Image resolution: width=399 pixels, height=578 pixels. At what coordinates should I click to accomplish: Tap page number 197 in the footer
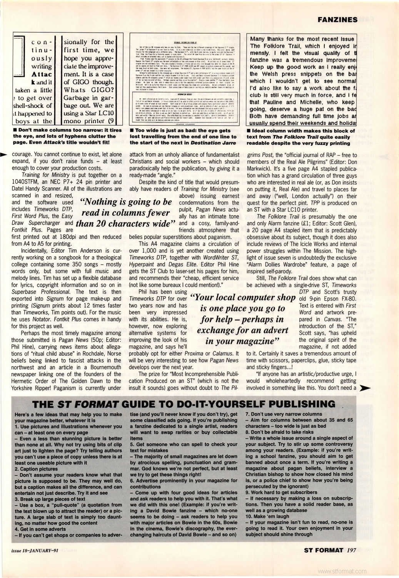pos(351,550)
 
